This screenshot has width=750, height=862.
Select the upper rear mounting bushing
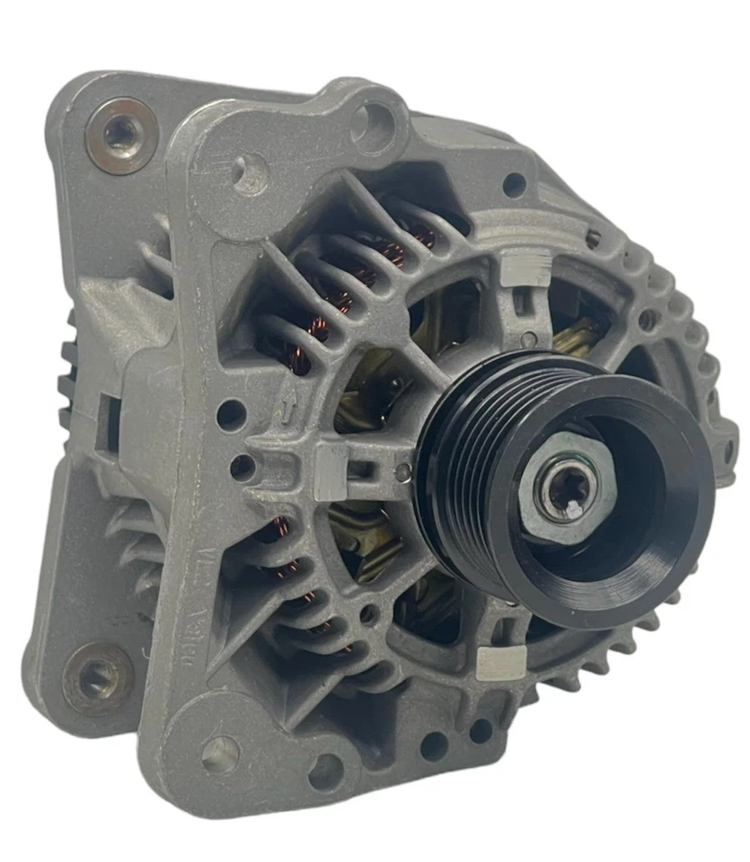tap(120, 135)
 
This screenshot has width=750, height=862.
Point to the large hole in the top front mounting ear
tap(371, 119)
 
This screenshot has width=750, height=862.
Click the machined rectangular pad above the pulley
tap(526, 267)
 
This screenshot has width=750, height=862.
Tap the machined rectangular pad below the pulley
tap(499, 661)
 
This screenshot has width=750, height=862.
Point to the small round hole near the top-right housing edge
tap(514, 185)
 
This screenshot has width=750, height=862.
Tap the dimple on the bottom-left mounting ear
tap(220, 753)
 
